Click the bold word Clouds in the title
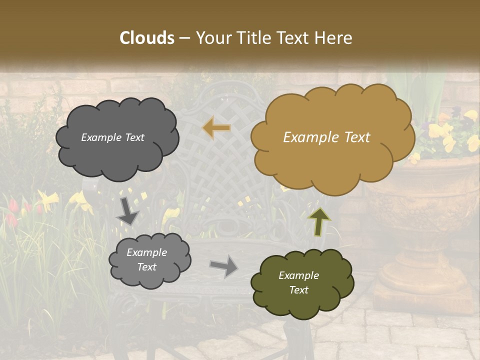click(147, 37)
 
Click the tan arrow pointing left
click(216, 128)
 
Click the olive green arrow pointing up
click(318, 221)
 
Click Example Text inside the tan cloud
click(326, 137)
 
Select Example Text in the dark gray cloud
click(112, 137)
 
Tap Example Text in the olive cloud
click(298, 282)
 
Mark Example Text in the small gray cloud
click(146, 259)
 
